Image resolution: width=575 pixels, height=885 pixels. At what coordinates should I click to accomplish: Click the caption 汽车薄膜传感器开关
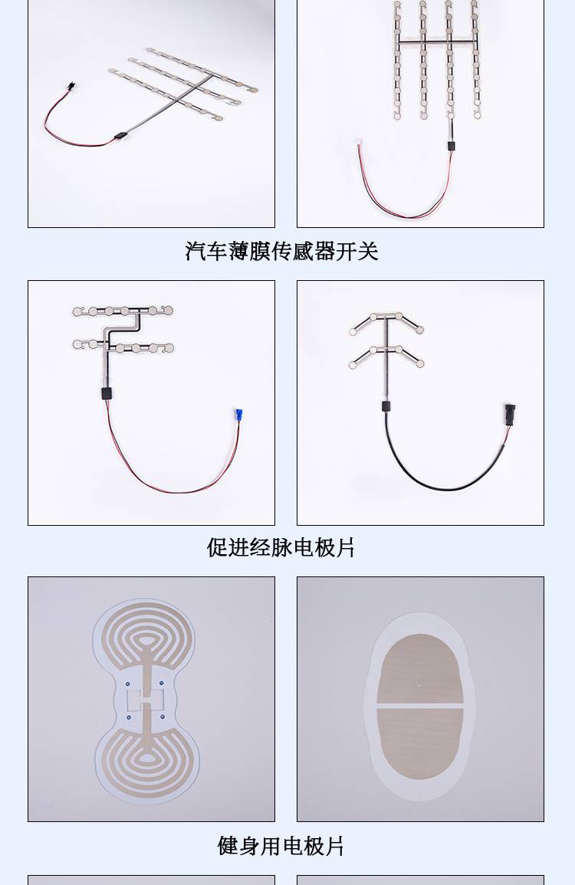[x=281, y=251]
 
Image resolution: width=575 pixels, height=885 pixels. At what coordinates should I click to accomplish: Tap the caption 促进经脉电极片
[x=281, y=547]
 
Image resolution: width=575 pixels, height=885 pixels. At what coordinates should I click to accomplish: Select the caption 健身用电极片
[x=281, y=846]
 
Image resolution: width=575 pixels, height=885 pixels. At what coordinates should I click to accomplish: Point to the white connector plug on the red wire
[x=358, y=144]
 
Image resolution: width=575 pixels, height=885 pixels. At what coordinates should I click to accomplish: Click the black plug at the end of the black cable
[x=510, y=413]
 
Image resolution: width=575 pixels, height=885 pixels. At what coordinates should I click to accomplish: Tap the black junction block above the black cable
[x=386, y=406]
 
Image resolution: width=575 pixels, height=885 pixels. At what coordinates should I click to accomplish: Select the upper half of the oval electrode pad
[x=421, y=669]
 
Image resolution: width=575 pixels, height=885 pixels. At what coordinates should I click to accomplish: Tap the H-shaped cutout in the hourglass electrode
[x=146, y=700]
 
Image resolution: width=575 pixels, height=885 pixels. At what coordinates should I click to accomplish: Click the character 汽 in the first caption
[x=195, y=251]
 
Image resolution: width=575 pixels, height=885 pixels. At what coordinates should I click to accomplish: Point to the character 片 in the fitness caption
[x=333, y=846]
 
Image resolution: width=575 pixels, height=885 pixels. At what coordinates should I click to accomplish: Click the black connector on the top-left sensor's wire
[x=71, y=87]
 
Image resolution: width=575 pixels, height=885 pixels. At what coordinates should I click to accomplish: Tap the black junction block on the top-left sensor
[x=120, y=135]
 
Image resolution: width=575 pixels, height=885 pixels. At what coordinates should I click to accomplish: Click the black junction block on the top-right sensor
[x=451, y=146]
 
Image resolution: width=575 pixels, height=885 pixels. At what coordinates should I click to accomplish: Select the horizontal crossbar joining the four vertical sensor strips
[x=436, y=41]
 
